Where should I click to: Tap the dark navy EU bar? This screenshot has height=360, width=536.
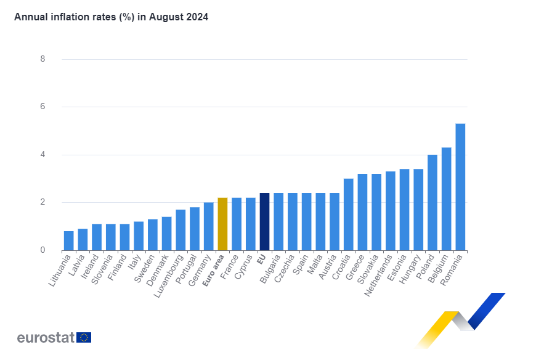[264, 221]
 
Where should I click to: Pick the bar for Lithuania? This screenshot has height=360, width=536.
[68, 240]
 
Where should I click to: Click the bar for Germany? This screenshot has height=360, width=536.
[208, 226]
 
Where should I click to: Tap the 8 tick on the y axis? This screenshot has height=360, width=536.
[43, 59]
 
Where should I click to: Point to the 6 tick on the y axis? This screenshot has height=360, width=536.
[43, 107]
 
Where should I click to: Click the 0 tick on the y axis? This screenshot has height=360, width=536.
[43, 250]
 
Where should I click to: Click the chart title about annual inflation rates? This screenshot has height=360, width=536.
[111, 17]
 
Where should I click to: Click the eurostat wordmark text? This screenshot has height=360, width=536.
[46, 337]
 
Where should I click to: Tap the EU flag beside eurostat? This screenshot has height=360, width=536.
[84, 337]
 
